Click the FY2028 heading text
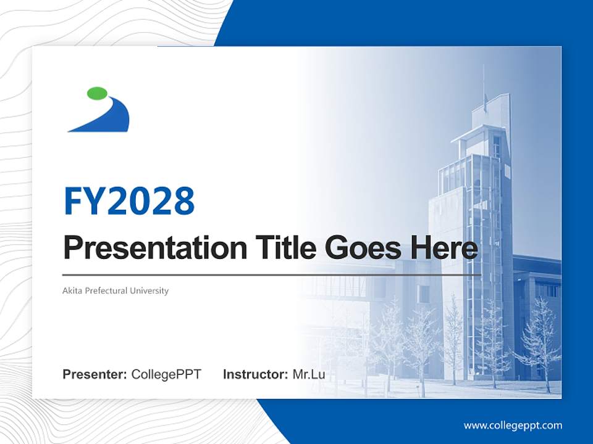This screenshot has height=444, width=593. pos(129,201)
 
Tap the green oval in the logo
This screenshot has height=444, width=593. pos(98,93)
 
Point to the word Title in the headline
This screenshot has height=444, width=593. pos(280,248)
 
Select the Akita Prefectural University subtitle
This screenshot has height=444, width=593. pos(116,290)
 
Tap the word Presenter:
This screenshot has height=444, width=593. pos(95,374)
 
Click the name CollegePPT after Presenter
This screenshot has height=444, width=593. pos(166,374)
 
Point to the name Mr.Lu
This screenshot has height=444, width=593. pos(309,374)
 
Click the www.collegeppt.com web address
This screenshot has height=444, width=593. pos(513,425)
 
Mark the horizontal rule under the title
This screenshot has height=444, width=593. pos(272,274)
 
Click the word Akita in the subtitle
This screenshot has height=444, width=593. pos(72,290)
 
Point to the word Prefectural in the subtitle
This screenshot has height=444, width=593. pos(106,290)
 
